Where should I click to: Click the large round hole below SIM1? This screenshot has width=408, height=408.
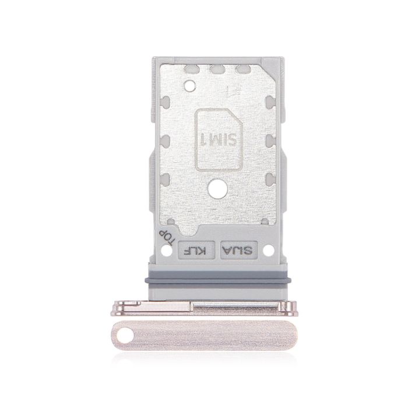coord(217,188)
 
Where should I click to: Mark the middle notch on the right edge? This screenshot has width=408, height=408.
coord(269,140)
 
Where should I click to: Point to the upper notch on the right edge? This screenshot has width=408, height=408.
coord(269,105)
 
